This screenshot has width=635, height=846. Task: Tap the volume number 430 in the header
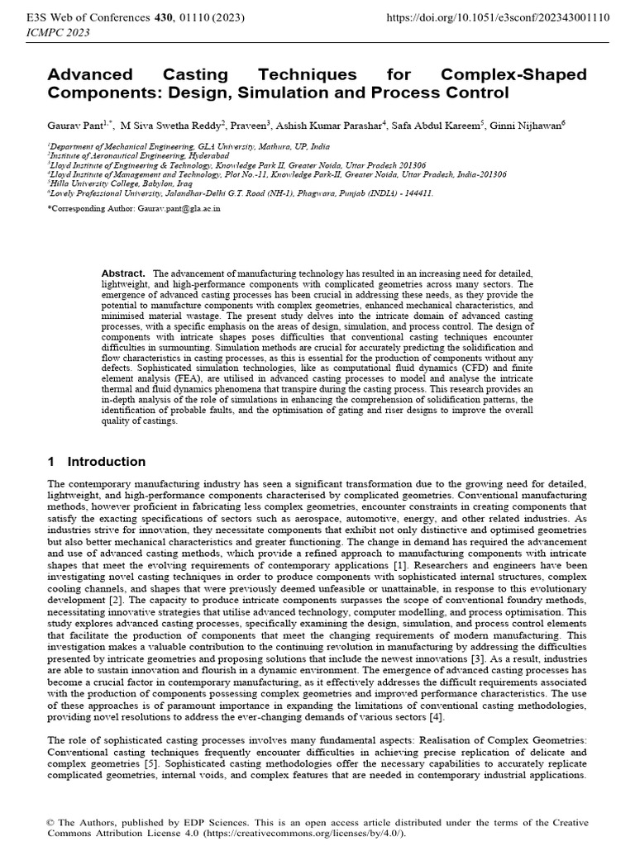(x=155, y=17)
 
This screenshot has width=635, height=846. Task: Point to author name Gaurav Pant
(x=74, y=124)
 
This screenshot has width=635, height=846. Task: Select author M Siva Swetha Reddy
(x=172, y=124)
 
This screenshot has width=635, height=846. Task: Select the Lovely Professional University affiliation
(x=240, y=192)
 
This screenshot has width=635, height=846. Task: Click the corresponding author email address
(x=174, y=209)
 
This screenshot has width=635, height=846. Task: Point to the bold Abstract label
(x=123, y=273)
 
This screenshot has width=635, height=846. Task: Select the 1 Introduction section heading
(x=96, y=462)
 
